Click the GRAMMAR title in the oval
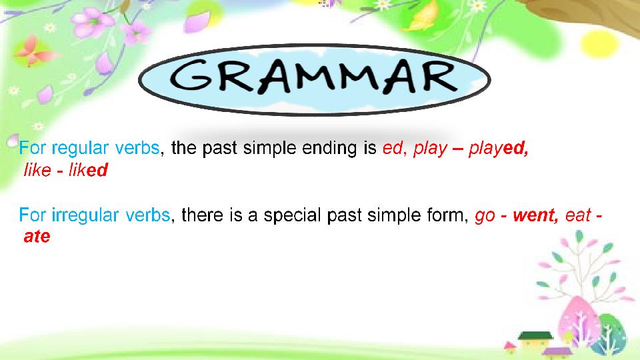[314, 76]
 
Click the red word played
[499, 149]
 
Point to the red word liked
[88, 170]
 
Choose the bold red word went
[535, 215]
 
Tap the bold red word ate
[37, 237]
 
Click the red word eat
[578, 215]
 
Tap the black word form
[447, 215]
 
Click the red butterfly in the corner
[33, 51]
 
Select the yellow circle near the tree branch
[597, 43]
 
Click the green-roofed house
[535, 341]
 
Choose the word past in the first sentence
[219, 149]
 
